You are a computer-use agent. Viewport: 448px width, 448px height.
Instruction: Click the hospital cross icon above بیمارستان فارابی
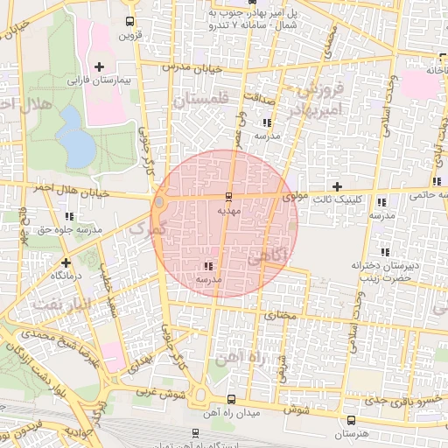pyautogui.click(x=98, y=66)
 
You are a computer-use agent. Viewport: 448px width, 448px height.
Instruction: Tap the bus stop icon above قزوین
pyautogui.click(x=130, y=22)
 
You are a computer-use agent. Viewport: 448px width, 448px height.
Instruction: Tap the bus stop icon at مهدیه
pyautogui.click(x=229, y=197)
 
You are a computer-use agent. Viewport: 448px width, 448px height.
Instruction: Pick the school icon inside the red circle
pyautogui.click(x=207, y=265)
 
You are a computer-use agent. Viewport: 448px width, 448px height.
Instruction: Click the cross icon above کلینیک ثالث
pyautogui.click(x=337, y=186)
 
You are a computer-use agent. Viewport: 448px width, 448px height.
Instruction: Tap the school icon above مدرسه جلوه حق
pyautogui.click(x=69, y=216)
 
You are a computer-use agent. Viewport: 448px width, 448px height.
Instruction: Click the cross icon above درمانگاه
pyautogui.click(x=66, y=262)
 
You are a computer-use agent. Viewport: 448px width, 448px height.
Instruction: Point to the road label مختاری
pyautogui.click(x=282, y=314)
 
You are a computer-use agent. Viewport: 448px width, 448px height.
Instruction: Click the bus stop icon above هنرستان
pyautogui.click(x=352, y=421)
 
